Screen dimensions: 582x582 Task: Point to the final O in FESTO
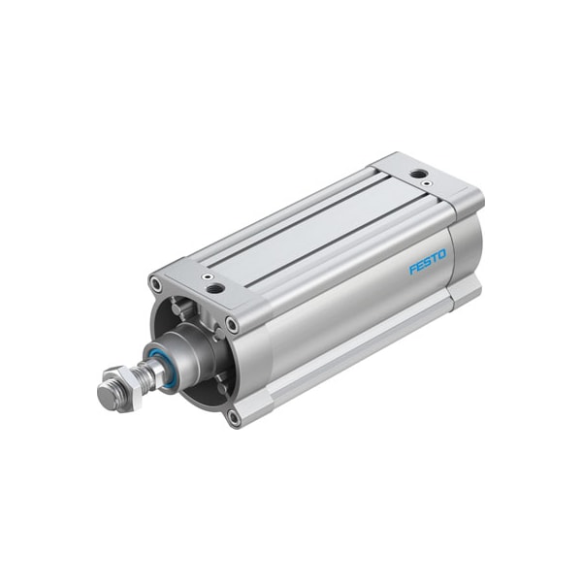pyautogui.click(x=442, y=255)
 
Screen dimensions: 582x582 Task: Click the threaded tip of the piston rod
pyautogui.click(x=106, y=396)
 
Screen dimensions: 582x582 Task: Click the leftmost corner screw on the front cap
pyautogui.click(x=155, y=284)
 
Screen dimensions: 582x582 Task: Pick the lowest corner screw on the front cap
pyautogui.click(x=234, y=417)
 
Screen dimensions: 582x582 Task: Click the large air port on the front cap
pyautogui.click(x=215, y=288)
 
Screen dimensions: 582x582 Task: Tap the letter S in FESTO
pyautogui.click(x=427, y=262)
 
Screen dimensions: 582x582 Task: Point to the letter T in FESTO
pyautogui.click(x=434, y=259)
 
